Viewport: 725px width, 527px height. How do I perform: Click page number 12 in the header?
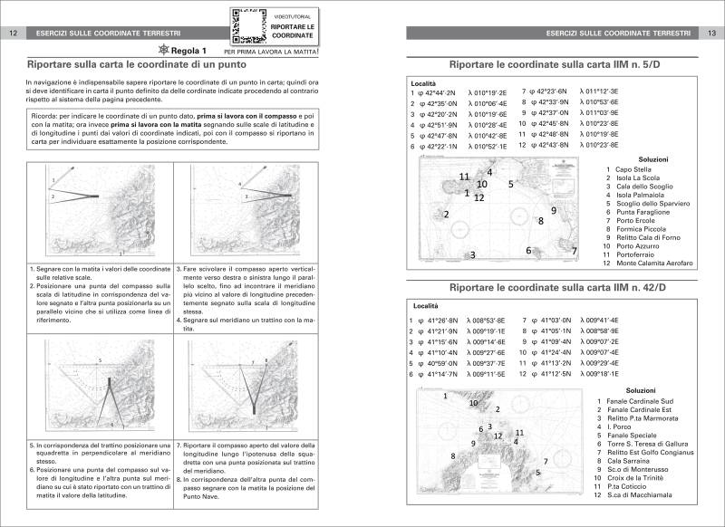tap(13, 34)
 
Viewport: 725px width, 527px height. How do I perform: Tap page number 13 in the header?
tap(711, 34)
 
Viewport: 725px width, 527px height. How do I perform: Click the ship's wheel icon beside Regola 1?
tap(163, 51)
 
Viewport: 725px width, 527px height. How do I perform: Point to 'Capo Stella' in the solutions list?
tap(633, 168)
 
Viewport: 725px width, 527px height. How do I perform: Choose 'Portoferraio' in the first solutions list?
tap(639, 254)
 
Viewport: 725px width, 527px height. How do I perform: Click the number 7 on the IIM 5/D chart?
tap(574, 250)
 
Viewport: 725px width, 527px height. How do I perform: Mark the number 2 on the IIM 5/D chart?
tap(446, 214)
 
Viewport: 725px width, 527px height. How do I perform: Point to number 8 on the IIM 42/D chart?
tap(453, 455)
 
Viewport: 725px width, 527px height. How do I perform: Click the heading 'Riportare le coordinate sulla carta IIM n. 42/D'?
tap(557, 287)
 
